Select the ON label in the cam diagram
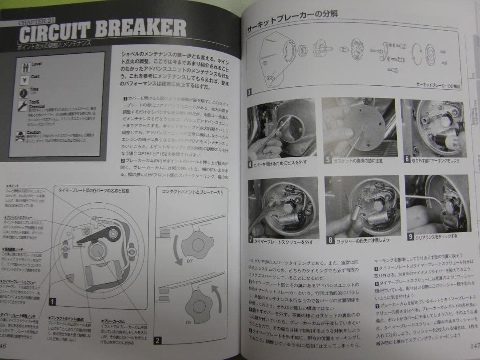[188, 322]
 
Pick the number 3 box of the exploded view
[250, 93]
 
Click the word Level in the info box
[36, 64]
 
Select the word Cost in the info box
[35, 77]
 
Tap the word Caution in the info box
[34, 132]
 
